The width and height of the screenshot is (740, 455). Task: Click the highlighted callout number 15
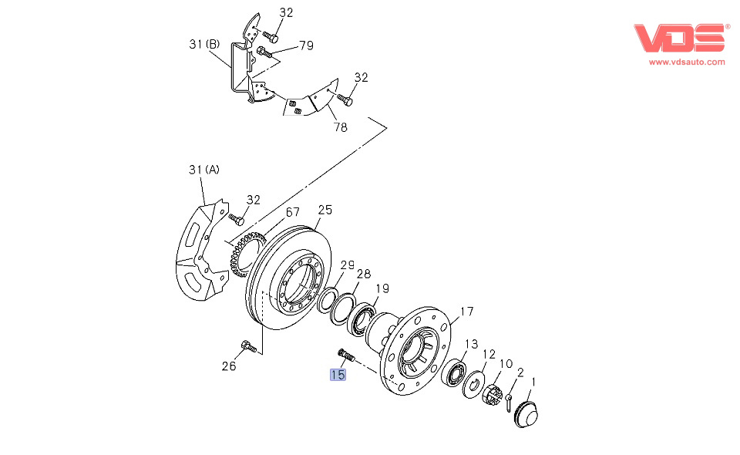[338, 375]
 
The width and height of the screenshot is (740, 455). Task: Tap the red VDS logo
[680, 38]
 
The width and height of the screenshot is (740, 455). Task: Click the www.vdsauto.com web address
[687, 62]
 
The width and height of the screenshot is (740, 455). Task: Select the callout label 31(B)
[204, 45]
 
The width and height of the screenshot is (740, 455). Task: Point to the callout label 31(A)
[203, 170]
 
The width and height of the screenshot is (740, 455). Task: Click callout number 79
[306, 45]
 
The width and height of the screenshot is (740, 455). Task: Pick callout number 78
[340, 127]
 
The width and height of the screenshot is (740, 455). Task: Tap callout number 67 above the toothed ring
[293, 212]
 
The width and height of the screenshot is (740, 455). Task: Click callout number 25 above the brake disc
[325, 210]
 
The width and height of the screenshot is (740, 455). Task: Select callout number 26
[229, 366]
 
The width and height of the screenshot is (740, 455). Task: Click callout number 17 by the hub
[467, 312]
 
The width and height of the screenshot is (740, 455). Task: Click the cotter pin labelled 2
[509, 402]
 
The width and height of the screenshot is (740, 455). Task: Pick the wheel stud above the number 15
[346, 355]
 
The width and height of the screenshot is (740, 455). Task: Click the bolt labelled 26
[249, 346]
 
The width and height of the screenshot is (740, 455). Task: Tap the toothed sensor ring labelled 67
[245, 254]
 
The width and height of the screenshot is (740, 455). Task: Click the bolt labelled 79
[264, 52]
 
